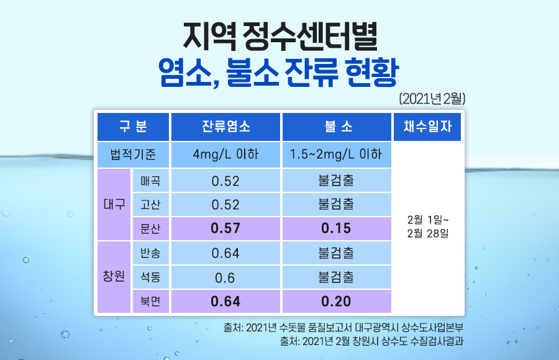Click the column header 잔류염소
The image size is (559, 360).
pos(225,127)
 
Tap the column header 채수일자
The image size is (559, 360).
pos(427,127)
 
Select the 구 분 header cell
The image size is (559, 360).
pos(133,127)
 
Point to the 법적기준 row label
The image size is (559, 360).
pos(133,155)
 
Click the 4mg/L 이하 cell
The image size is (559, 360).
pos(225,155)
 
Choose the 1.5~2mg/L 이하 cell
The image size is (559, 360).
pos(336,155)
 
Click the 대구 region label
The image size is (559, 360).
pos(114,204)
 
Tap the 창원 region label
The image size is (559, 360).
pos(114,276)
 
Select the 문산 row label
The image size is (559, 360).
pos(150,228)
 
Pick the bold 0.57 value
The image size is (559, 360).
pos(225,228)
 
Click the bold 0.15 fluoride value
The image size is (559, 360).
pos(336,228)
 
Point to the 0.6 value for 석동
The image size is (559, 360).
pos(225,277)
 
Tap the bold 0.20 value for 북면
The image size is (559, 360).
pos(336,302)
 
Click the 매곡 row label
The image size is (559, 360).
pos(150,181)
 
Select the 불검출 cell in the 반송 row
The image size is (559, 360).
pos(336,253)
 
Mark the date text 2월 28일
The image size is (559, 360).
pos(428,233)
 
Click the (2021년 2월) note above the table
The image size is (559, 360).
pos(432,99)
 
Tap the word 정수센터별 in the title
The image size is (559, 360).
pos(309,37)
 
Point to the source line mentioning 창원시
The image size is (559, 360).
pos(371,341)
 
